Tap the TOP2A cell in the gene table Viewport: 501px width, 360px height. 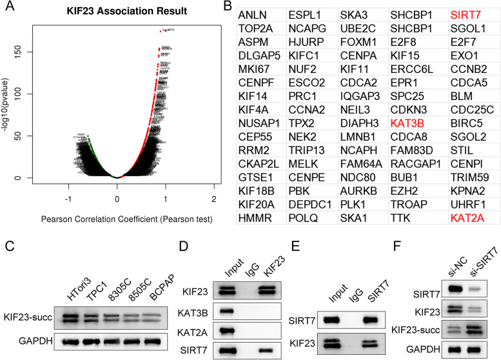(x=254, y=30)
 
